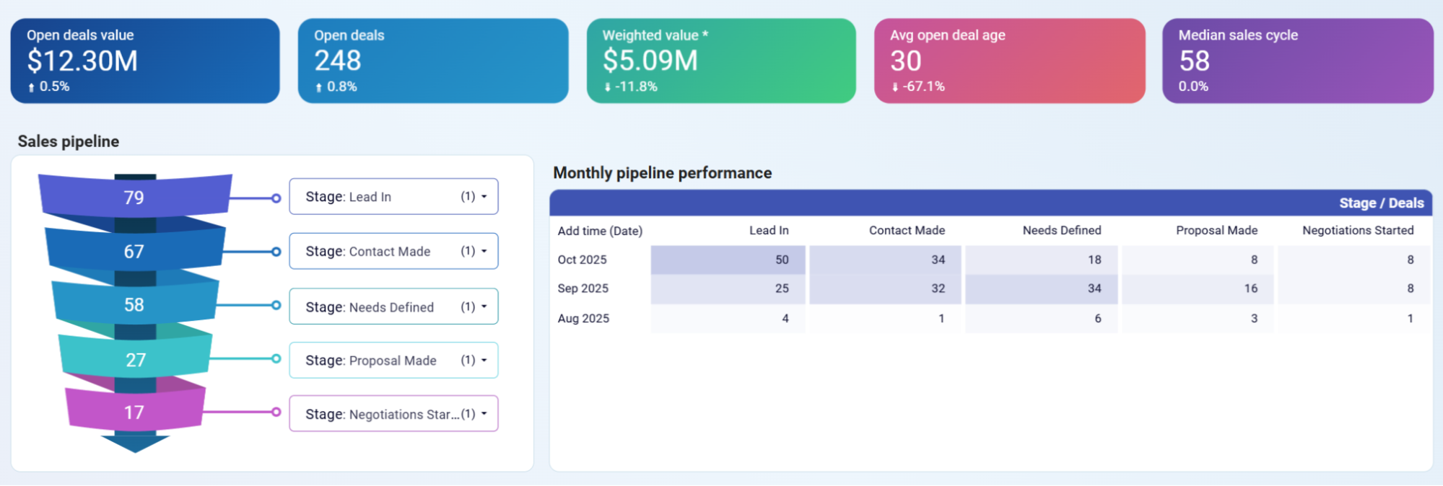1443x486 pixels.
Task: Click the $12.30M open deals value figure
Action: (x=82, y=61)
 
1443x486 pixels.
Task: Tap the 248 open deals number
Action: (x=338, y=61)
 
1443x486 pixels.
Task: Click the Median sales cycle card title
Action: (x=1238, y=35)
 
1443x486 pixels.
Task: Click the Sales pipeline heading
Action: (x=69, y=141)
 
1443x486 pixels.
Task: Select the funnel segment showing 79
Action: (x=134, y=197)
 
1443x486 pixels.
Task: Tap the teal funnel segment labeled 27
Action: (x=136, y=359)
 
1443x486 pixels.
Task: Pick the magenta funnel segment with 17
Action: (x=134, y=412)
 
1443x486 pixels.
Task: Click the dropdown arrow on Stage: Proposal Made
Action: (x=484, y=360)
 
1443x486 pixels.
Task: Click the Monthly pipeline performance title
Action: (x=662, y=173)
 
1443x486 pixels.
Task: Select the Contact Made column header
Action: (x=907, y=230)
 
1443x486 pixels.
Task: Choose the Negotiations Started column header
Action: (x=1357, y=230)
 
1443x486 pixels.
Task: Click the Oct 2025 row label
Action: (x=582, y=260)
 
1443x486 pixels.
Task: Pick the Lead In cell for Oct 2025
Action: (x=728, y=260)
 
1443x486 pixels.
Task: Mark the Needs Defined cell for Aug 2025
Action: (x=1041, y=318)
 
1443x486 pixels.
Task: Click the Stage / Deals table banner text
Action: (x=1381, y=203)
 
